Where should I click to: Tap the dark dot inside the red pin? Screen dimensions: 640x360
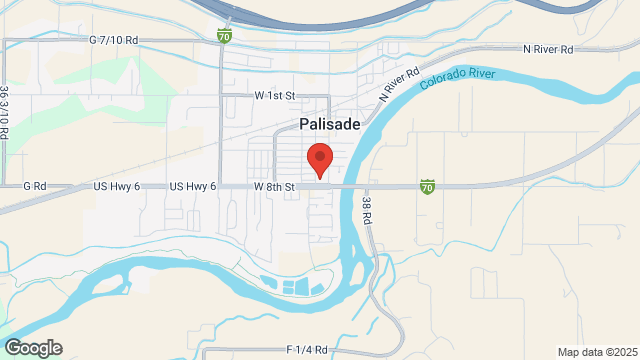pos(319,156)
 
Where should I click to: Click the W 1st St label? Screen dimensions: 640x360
pos(276,95)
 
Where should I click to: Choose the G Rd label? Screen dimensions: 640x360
pos(35,186)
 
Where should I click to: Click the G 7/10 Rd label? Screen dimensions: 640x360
pos(113,41)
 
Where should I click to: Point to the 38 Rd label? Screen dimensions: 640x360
pos(367,208)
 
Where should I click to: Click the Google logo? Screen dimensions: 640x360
pos(33,347)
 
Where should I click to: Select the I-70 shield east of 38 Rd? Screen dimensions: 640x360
pos(427,186)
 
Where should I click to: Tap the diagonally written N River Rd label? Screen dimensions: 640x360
pos(397,85)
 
